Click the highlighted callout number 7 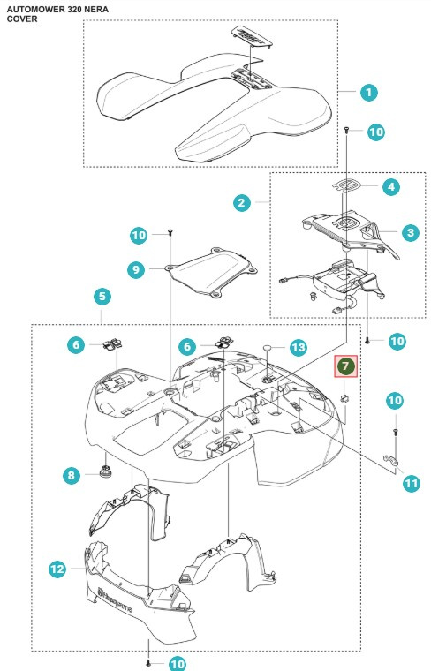[x=345, y=365]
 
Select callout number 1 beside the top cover [x=368, y=92]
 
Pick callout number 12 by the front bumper [x=57, y=569]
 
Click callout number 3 [x=409, y=232]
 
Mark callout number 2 [x=240, y=202]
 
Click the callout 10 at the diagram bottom [x=178, y=662]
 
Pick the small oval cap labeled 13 [x=265, y=348]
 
